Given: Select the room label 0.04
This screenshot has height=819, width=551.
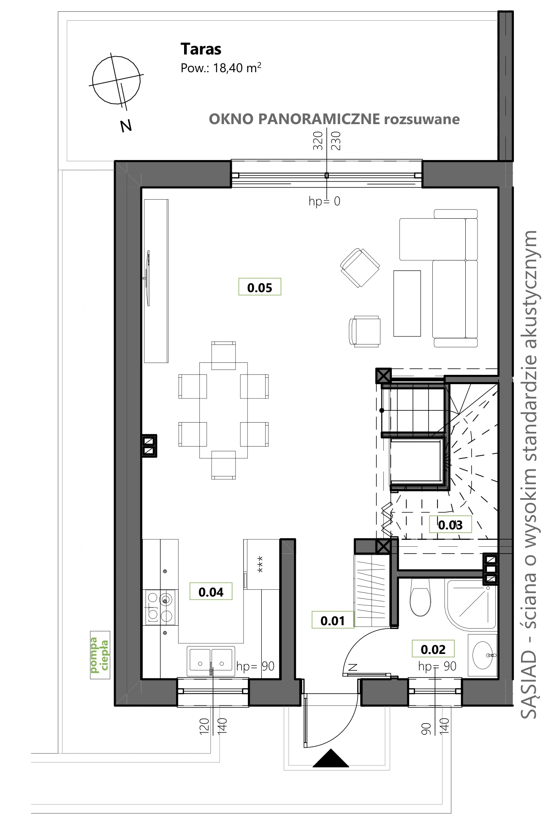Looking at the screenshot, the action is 211,591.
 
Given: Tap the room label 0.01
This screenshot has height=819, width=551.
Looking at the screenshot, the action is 333,620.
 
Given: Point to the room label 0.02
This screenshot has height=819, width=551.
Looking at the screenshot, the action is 433,649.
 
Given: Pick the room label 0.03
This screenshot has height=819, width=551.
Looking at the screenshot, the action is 450,525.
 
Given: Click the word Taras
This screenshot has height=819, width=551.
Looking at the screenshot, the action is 201,49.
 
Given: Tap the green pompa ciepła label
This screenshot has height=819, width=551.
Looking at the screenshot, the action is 100,655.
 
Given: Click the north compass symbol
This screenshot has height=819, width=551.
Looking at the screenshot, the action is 117,80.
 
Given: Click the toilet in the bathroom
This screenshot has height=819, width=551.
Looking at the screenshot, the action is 420,597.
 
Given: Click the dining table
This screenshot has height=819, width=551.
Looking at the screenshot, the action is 223,410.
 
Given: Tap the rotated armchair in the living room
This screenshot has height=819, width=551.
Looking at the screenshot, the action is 360,268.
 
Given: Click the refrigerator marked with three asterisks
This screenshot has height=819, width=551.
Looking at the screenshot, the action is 262,564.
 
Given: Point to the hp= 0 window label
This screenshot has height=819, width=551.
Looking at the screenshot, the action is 324,201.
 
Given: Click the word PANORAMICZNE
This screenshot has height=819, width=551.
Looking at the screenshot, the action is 319,119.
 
